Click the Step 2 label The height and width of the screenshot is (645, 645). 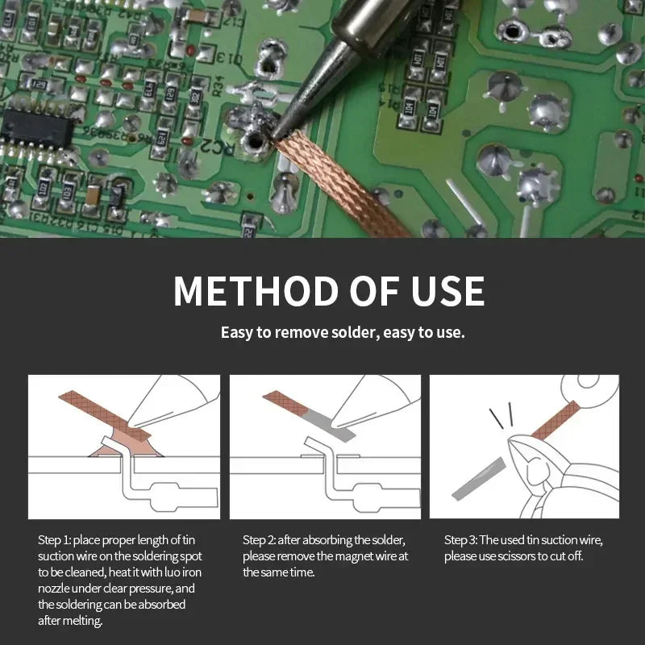tap(259, 539)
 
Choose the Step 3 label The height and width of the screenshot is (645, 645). tap(460, 539)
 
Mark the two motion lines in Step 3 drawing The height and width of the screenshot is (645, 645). tap(501, 416)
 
